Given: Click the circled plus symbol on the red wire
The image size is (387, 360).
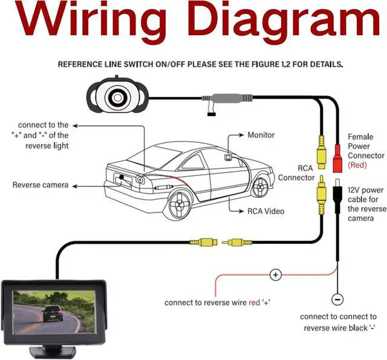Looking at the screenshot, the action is [x=276, y=275].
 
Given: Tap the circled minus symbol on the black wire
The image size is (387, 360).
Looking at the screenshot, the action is [x=337, y=299].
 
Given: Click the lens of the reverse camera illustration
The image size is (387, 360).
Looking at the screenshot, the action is [x=117, y=98].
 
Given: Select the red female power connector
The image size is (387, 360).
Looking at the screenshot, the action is [x=337, y=158].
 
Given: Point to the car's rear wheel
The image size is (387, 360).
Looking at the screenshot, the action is [x=180, y=205].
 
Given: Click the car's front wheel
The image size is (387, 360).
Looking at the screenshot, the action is [x=260, y=187].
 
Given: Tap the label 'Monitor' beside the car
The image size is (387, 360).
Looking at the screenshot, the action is [x=261, y=135].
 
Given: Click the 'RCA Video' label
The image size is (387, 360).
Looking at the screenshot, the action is [x=265, y=211].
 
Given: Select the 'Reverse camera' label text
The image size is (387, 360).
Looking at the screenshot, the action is [x=41, y=185].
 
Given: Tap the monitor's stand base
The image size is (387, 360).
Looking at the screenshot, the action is [x=53, y=352].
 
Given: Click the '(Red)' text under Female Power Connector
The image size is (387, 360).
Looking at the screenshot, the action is [x=357, y=165].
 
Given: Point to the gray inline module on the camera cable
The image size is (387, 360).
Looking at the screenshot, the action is [x=227, y=98].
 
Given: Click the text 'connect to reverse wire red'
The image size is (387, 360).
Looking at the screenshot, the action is [x=212, y=303].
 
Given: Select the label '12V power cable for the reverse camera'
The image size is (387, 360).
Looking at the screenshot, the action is [x=367, y=204].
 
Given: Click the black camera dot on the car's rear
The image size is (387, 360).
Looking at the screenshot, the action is [x=122, y=177].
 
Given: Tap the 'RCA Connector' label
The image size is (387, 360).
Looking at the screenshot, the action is [x=296, y=173].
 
